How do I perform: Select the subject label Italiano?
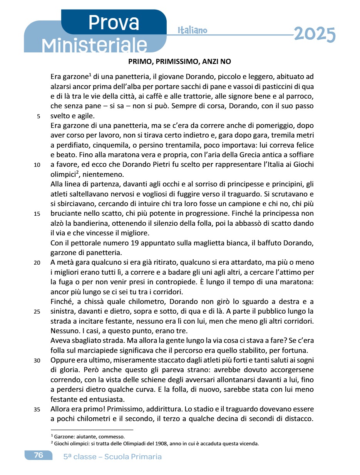click(193, 30)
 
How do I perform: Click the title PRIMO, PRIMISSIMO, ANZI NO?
click(179, 62)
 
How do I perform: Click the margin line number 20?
click(37, 264)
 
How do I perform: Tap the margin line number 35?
click(37, 410)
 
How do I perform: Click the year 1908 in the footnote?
click(161, 443)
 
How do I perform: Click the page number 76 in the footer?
click(39, 455)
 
